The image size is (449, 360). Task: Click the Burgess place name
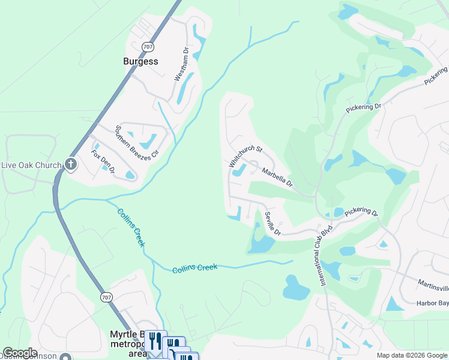point(140,61)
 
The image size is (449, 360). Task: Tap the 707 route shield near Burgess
point(148,46)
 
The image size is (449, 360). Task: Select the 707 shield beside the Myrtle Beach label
point(107,297)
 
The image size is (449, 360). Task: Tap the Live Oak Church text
point(31,165)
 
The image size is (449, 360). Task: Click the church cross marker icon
point(71,164)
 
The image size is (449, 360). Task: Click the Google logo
point(20,353)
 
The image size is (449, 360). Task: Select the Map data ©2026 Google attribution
point(412,355)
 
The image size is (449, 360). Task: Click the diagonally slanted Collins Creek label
point(131,227)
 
